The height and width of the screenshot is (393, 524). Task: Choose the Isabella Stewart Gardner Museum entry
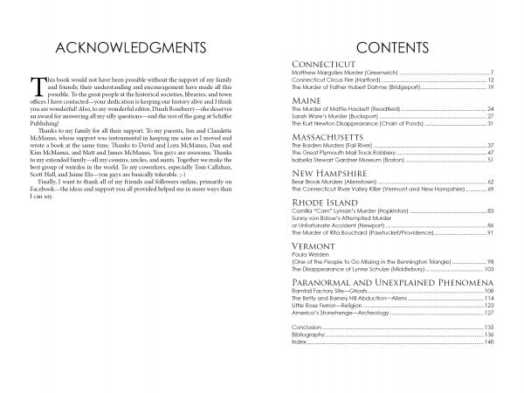[x=347, y=161]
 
